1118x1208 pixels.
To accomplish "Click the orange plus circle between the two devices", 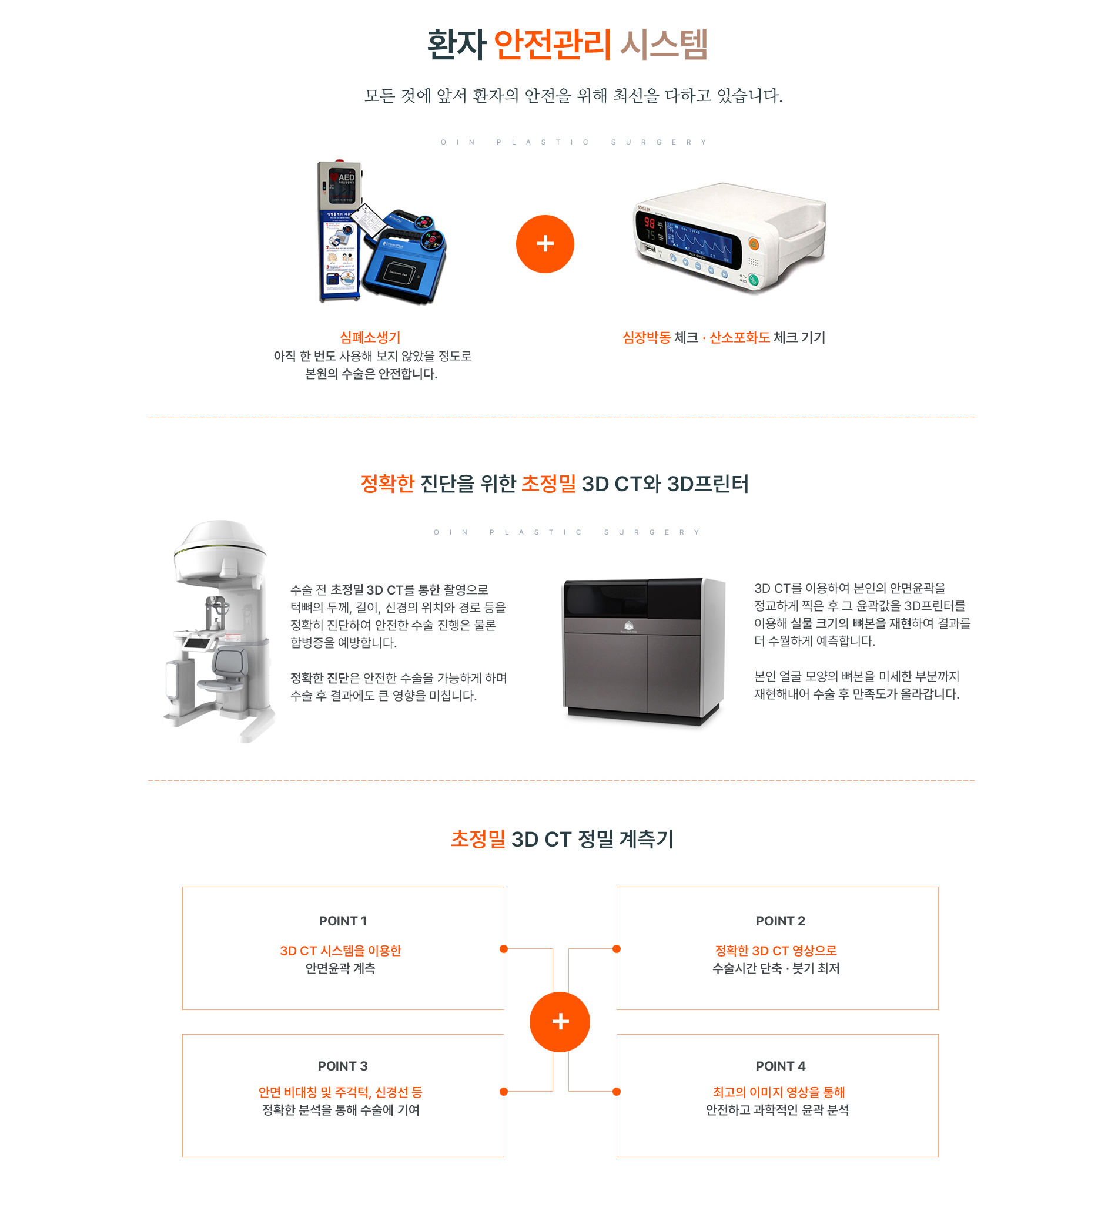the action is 544,244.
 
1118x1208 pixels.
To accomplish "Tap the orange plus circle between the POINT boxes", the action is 560,1021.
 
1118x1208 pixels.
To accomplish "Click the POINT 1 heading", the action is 343,920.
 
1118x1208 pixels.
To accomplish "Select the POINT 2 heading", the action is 780,920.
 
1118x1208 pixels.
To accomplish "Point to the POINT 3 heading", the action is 343,1065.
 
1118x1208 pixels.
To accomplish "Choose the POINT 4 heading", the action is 780,1065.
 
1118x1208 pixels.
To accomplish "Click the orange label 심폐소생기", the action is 370,337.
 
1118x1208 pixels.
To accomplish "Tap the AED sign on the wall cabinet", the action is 342,178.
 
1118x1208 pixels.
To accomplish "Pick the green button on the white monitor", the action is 753,279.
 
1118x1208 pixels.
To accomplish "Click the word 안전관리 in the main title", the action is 552,44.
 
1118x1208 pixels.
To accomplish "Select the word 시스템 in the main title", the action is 664,44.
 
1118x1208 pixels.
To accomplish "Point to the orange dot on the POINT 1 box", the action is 503,949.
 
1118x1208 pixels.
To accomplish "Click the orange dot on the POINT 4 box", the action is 616,1091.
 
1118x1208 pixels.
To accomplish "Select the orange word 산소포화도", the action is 739,337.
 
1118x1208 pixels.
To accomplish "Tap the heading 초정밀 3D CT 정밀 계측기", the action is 562,838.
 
